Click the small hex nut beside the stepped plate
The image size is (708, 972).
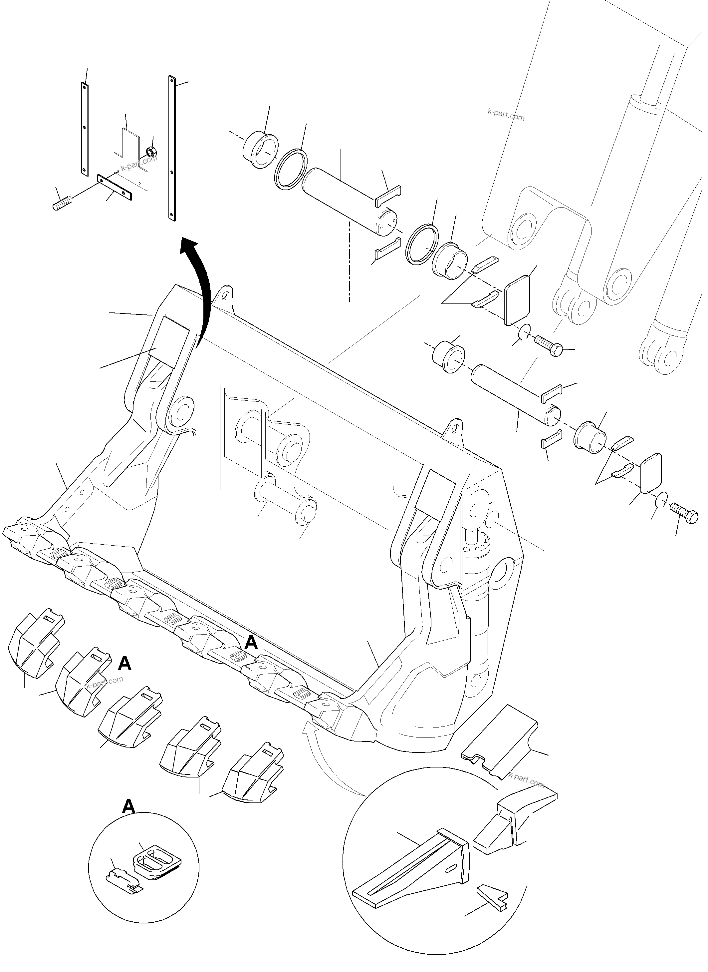pyautogui.click(x=150, y=151)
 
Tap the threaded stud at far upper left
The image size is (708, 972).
pyautogui.click(x=63, y=203)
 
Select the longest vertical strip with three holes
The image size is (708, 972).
pyautogui.click(x=172, y=148)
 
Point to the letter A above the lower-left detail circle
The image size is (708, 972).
pyautogui.click(x=128, y=806)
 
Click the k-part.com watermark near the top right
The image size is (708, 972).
pyautogui.click(x=506, y=115)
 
